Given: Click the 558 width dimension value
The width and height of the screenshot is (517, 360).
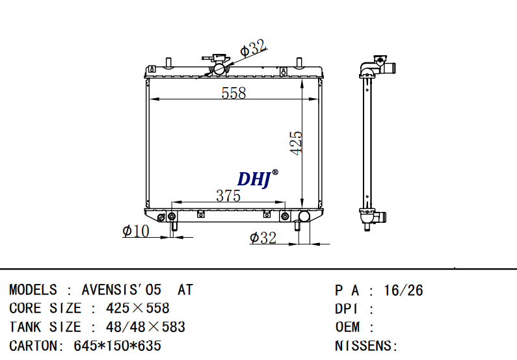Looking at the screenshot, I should tap(233, 93).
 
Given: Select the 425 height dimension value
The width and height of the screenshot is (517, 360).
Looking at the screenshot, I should tap(296, 142).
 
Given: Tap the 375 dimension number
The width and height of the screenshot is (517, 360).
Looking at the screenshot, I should tap(228, 196).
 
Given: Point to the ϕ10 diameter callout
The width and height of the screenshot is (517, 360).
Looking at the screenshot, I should tap(135, 231).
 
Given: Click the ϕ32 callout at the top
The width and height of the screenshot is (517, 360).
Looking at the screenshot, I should tap(253, 47).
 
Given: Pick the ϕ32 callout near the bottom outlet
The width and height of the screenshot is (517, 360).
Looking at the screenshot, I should tap(263, 238).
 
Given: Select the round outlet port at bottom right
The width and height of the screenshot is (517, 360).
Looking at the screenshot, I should tap(304, 217).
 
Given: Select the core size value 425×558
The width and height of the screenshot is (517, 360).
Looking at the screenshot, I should tap(137, 308).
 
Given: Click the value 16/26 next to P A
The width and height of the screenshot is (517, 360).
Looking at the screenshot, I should tap(404, 290).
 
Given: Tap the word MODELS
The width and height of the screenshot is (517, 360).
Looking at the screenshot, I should tap(33, 290).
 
